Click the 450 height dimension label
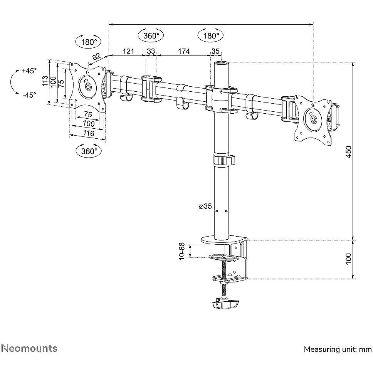(348, 151)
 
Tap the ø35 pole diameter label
(205, 206)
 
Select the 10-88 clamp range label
(182, 251)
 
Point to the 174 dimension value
(184, 51)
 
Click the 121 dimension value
(128, 51)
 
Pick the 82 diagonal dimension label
(96, 57)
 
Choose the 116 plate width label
(89, 133)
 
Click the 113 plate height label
(45, 81)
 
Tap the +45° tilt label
(29, 71)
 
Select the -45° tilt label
(29, 95)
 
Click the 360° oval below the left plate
(89, 151)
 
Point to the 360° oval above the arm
(151, 36)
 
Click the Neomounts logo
(30, 348)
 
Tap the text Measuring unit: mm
(338, 349)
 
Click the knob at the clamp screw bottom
(225, 304)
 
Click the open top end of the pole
(222, 63)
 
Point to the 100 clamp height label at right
(348, 259)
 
